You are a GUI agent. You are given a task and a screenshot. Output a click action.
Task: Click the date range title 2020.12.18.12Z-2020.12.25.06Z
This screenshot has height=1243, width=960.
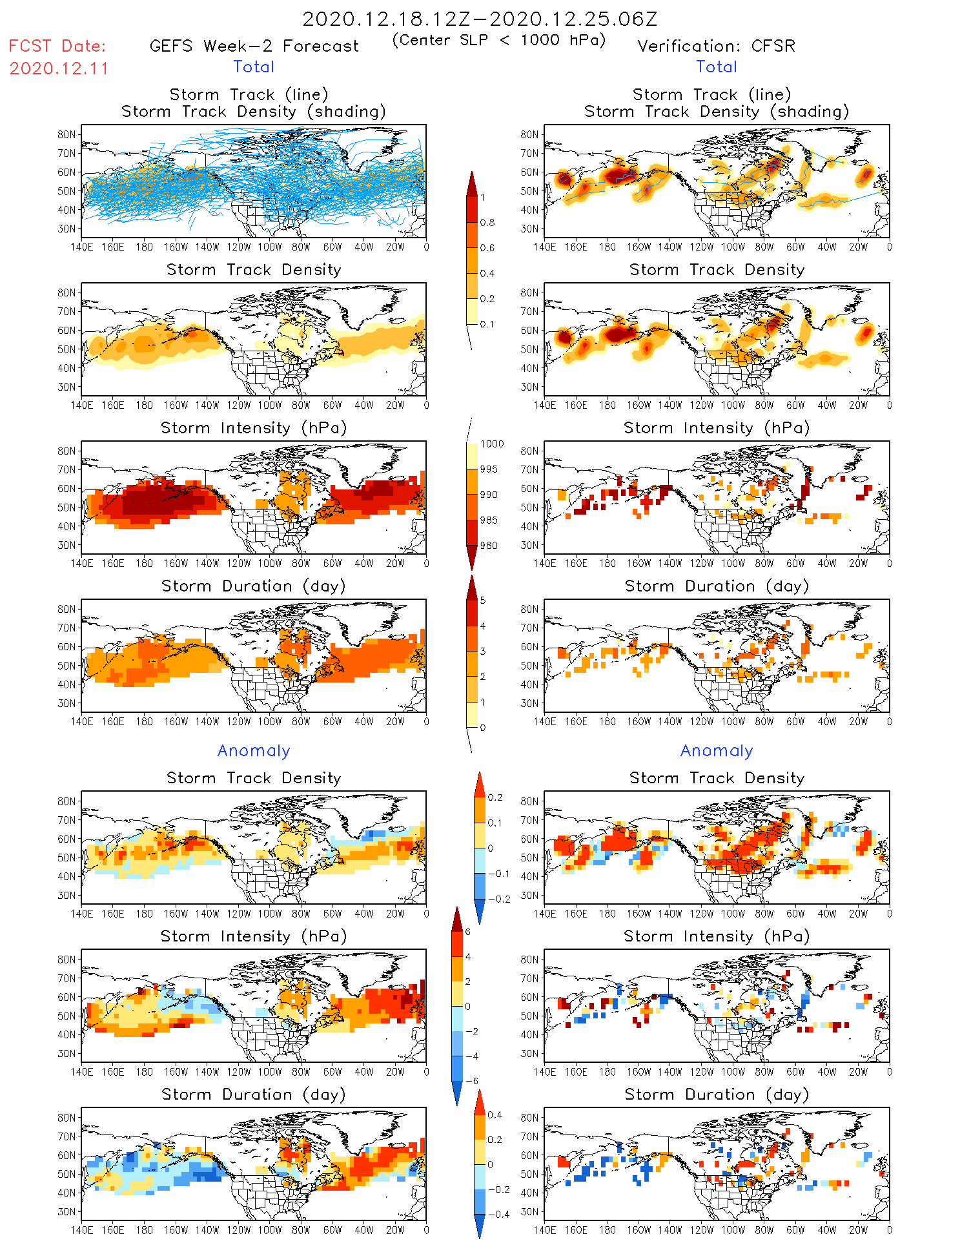tap(480, 19)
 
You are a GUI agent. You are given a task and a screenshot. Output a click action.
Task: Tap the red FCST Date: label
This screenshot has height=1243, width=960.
tap(57, 46)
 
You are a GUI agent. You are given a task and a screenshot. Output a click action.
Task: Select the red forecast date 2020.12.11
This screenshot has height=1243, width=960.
tap(59, 68)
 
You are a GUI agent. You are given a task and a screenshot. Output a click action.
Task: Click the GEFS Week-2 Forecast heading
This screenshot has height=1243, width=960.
tap(254, 46)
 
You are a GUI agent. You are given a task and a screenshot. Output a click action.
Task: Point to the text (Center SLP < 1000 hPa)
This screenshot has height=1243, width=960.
tap(499, 40)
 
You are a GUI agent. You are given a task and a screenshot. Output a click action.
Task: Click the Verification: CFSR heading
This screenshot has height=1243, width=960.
tap(716, 46)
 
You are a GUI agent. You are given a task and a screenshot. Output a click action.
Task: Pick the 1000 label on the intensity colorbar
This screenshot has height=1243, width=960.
tap(492, 444)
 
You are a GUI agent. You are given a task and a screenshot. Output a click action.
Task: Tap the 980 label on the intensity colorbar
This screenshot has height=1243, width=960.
tap(489, 546)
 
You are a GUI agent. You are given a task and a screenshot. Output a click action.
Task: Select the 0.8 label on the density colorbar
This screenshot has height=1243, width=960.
tap(487, 223)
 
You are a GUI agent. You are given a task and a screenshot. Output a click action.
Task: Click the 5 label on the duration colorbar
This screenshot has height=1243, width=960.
tap(483, 601)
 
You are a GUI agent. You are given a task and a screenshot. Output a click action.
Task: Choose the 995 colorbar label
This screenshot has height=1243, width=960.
tap(489, 469)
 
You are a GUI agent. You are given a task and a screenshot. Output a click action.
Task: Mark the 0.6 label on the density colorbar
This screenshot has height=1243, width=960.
tap(487, 248)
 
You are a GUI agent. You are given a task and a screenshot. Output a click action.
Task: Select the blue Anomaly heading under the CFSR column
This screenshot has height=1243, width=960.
tap(717, 751)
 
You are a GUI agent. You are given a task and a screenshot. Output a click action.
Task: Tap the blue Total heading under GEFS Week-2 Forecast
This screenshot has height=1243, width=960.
tap(254, 67)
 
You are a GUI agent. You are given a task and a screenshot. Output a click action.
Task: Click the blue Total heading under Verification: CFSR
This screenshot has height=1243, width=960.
tap(717, 67)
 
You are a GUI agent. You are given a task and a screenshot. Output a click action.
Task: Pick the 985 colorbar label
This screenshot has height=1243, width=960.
tap(489, 520)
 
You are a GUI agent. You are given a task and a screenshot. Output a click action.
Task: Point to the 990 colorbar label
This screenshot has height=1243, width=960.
tap(489, 495)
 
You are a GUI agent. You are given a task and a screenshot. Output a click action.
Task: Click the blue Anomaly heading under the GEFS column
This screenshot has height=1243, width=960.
tap(254, 751)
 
